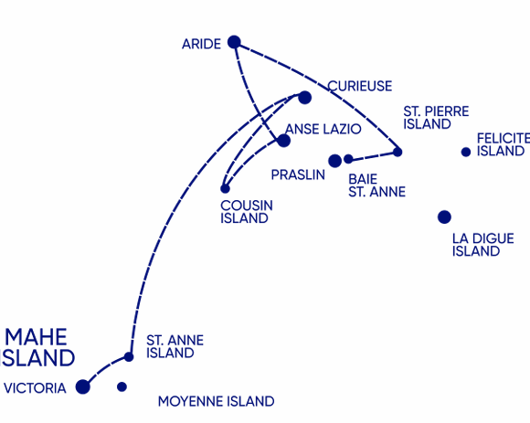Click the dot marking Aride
(234, 42)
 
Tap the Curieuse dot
(304, 98)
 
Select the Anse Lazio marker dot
(283, 141)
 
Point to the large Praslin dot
(334, 161)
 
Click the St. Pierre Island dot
(397, 152)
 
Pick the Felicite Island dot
(466, 152)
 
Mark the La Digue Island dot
(444, 217)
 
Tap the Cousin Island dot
(225, 188)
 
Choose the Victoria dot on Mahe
(83, 386)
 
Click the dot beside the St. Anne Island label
(129, 357)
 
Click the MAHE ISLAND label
(37, 347)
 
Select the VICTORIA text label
(35, 388)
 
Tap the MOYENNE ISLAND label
(217, 401)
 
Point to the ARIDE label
(201, 44)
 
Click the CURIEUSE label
(360, 86)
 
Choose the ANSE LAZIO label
(323, 129)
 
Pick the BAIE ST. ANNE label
(376, 185)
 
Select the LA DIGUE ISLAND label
(483, 245)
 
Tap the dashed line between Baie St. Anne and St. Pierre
(373, 156)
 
